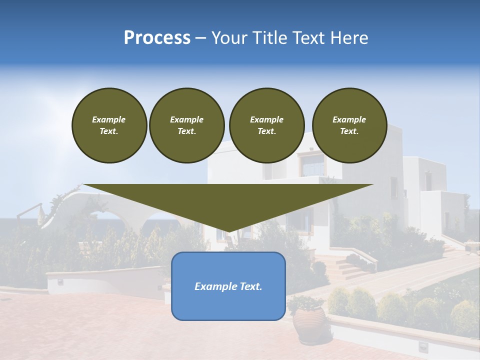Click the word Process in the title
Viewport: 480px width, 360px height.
[157, 38]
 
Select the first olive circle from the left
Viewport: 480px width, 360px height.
[109, 125]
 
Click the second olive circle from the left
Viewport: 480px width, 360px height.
[186, 125]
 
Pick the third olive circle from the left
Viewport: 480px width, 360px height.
[266, 125]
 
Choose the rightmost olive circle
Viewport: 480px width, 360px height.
[349, 125]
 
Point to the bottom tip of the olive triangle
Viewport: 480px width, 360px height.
[228, 231]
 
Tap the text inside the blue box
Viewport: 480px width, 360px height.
[228, 286]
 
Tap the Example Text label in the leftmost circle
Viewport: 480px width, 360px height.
[109, 125]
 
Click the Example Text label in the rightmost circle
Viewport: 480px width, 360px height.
[349, 125]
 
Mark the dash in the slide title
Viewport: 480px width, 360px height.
[201, 38]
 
